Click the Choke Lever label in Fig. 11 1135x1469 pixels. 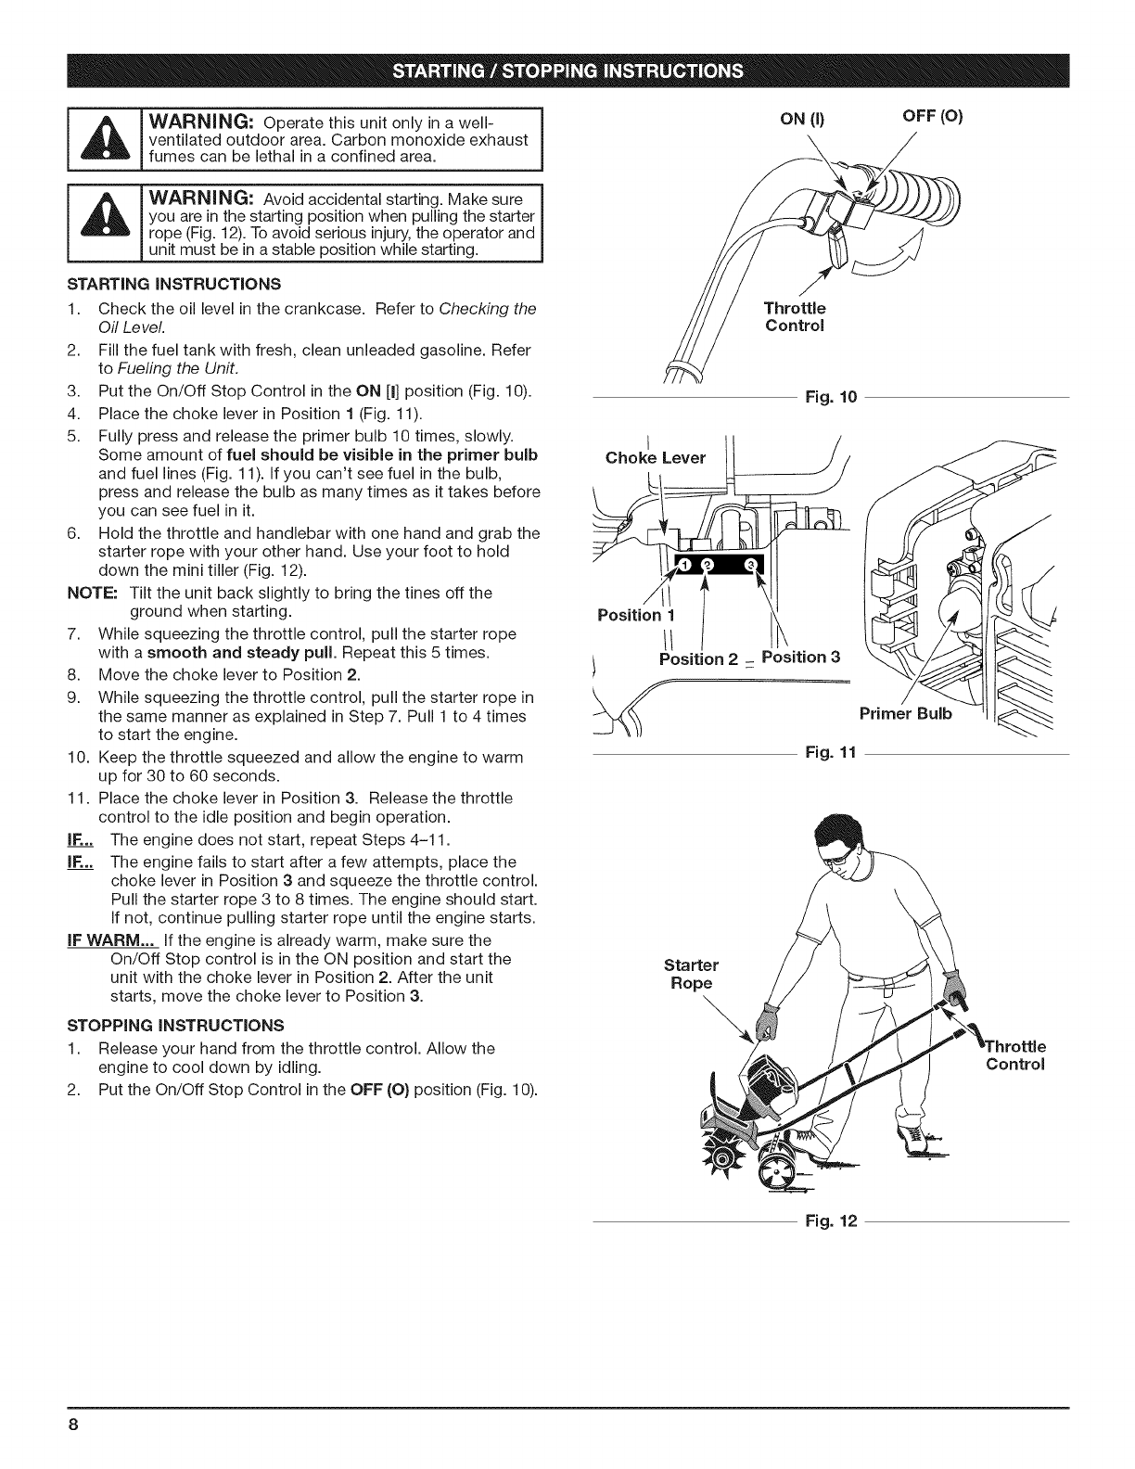click(x=655, y=457)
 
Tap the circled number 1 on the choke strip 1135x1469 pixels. click(x=684, y=567)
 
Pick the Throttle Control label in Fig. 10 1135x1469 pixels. click(x=794, y=316)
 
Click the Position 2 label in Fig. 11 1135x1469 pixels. click(x=696, y=658)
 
